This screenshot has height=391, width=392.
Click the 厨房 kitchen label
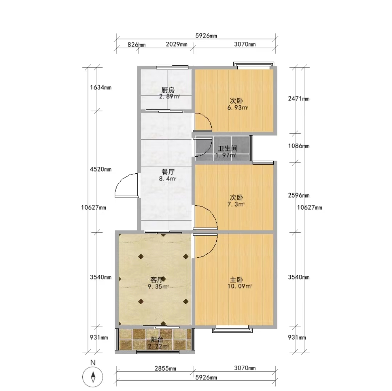[168, 90]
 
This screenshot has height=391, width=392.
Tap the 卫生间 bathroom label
[227, 148]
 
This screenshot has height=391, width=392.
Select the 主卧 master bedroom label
[236, 279]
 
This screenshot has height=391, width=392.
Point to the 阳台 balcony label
[157, 340]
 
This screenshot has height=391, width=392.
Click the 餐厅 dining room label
[168, 172]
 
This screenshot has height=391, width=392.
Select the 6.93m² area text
[237, 108]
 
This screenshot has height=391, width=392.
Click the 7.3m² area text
[236, 204]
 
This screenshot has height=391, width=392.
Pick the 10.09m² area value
[239, 286]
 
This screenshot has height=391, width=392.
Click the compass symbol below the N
[93, 377]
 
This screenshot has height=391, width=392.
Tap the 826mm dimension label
[136, 45]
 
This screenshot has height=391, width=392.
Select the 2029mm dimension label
[176, 44]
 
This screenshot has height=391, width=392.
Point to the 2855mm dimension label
[165, 368]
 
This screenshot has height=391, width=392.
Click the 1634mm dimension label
[101, 87]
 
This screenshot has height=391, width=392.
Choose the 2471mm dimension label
[299, 98]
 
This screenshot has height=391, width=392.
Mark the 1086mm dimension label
[299, 146]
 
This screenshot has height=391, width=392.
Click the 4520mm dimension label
[101, 169]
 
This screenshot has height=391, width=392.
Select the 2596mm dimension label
[299, 195]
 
